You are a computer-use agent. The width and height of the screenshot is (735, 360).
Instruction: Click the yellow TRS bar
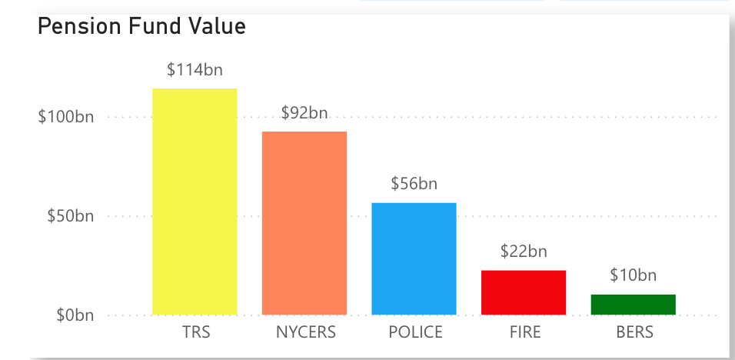[x=195, y=202]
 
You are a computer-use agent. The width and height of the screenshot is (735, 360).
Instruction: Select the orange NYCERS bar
[x=304, y=223]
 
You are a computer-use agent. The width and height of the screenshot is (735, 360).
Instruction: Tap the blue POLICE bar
[x=414, y=258]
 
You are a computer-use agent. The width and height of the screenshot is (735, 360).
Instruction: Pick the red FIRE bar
[x=524, y=292]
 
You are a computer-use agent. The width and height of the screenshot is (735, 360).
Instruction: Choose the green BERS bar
[x=633, y=305]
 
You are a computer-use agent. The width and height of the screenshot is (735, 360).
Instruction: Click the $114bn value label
[x=195, y=70]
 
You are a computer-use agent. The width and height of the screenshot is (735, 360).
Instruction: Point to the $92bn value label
[x=304, y=113]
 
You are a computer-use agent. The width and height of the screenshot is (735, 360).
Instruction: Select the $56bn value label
[x=414, y=184]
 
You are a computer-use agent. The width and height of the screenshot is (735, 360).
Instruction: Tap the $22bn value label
[x=524, y=251]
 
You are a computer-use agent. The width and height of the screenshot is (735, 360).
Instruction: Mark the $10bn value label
[x=633, y=275]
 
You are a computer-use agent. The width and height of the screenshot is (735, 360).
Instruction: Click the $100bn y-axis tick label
[x=66, y=118]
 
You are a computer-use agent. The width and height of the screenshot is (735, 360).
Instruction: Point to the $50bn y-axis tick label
[x=70, y=216]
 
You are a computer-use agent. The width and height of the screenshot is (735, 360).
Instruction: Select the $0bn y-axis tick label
[x=74, y=315]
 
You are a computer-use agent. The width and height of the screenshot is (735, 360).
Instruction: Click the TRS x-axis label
[x=196, y=333]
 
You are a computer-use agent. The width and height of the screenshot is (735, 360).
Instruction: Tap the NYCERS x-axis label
[x=306, y=333]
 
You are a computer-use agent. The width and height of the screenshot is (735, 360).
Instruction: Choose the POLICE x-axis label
[x=415, y=333]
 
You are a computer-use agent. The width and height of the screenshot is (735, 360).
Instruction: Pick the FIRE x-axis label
[x=524, y=333]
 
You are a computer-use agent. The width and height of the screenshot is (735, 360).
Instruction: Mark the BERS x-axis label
[x=634, y=333]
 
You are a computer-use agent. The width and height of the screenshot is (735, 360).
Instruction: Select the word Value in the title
[x=218, y=27]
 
